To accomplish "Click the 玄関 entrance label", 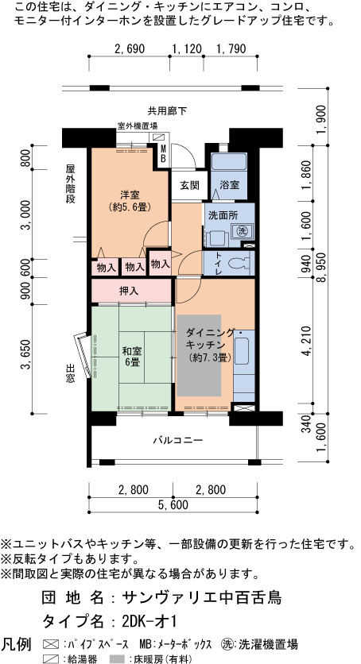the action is tap(189, 185).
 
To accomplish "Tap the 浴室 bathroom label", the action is tap(229, 185).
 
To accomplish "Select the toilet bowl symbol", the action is tap(239, 264).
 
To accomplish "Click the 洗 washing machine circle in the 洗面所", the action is tap(242, 231).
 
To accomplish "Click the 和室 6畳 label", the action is tap(132, 357).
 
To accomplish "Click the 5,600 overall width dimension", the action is tap(173, 505).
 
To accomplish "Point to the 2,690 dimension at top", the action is tap(130, 49).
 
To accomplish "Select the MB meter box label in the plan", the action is tap(163, 155).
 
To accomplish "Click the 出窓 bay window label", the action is tap(70, 373).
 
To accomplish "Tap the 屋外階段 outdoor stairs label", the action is tap(70, 183).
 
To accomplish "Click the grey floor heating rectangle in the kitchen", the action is tap(199, 355).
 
